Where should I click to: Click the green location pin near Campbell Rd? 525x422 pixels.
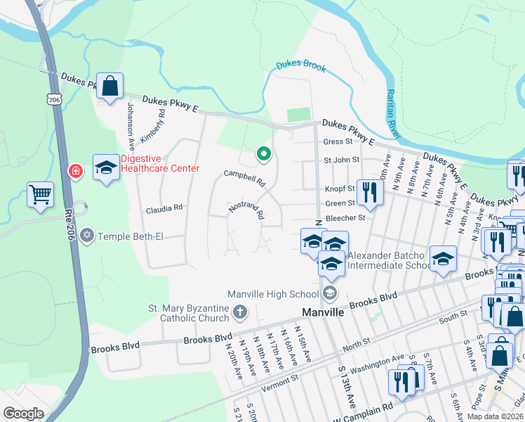(264, 153)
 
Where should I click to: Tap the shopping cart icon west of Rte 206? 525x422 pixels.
(40, 194)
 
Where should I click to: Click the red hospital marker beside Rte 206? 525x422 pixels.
(74, 171)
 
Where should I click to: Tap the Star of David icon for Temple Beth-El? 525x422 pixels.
(87, 235)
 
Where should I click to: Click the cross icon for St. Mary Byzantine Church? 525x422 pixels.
(239, 311)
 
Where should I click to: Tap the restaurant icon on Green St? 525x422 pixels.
(368, 191)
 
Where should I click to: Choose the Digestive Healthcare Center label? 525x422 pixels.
(160, 163)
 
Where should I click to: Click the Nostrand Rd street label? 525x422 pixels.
(246, 209)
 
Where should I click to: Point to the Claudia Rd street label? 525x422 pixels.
(164, 208)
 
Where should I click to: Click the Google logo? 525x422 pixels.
(23, 414)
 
